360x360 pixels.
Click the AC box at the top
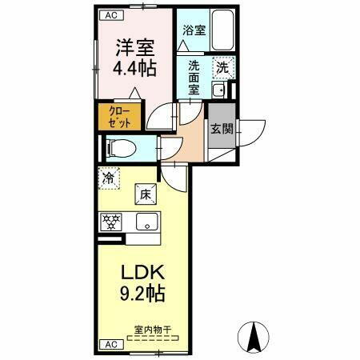coord(111,14)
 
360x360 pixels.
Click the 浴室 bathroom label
coord(194,30)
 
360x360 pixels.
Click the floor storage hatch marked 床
coord(146,193)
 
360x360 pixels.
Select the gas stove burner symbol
coord(110,220)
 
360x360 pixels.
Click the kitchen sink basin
coord(146,221)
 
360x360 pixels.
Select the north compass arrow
coord(254,336)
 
